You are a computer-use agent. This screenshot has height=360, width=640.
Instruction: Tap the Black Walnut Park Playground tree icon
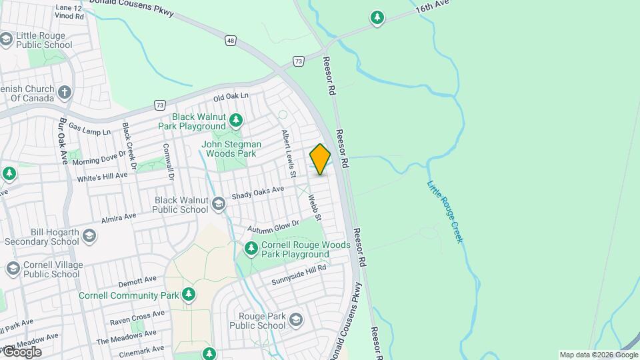(x=235, y=121)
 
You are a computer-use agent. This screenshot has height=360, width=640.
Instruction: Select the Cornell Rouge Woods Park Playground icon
(x=251, y=249)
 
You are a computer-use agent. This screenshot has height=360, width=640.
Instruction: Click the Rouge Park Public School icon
(x=295, y=321)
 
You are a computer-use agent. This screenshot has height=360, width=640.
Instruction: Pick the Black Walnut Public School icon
(x=219, y=204)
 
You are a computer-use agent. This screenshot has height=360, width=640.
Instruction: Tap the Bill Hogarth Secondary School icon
(x=89, y=236)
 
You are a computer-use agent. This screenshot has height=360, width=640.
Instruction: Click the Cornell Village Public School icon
(x=13, y=269)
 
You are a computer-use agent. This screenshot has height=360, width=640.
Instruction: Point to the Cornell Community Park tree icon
(x=189, y=295)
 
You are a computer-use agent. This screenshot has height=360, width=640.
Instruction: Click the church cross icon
(x=65, y=92)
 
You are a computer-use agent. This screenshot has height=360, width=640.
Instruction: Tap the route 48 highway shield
(x=230, y=41)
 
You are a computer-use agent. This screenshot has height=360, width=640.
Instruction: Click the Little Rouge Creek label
(x=445, y=211)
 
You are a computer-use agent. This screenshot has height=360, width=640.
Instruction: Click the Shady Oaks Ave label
(x=257, y=193)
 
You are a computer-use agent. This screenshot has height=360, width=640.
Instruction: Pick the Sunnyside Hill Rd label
(x=299, y=275)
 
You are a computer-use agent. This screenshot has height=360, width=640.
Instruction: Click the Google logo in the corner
(x=21, y=351)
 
